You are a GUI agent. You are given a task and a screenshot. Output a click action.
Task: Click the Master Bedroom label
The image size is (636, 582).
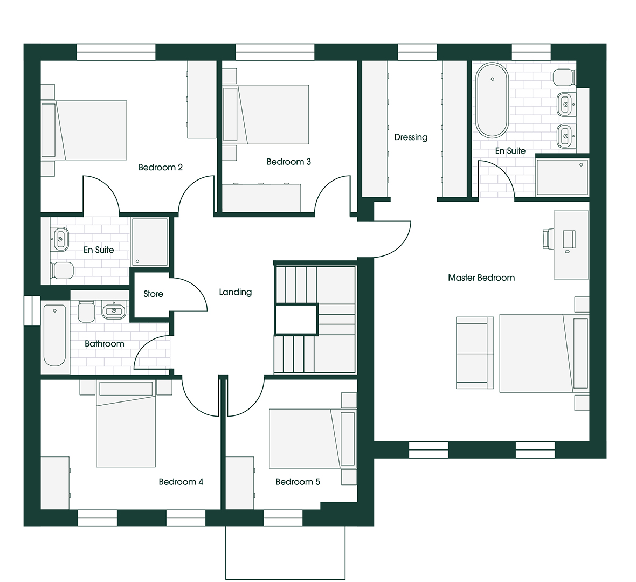pyautogui.click(x=481, y=278)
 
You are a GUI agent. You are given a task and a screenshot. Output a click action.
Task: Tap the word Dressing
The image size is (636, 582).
pyautogui.click(x=411, y=137)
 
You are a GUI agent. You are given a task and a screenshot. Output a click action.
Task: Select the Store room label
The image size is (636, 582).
pyautogui.click(x=153, y=294)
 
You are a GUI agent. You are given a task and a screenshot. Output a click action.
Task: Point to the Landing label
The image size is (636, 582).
pyautogui.click(x=235, y=292)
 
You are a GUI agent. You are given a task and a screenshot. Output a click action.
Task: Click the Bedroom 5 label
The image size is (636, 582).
pyautogui.click(x=298, y=482)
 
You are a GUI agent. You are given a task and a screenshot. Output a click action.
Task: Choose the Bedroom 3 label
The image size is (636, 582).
pyautogui.click(x=289, y=162)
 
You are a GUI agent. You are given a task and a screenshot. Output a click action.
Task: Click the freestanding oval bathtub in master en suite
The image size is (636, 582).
pyautogui.click(x=492, y=100)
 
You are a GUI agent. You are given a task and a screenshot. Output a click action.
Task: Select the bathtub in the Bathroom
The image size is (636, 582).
pyautogui.click(x=54, y=335)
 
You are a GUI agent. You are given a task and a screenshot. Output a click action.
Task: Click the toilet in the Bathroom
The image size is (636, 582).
pyautogui.click(x=86, y=311)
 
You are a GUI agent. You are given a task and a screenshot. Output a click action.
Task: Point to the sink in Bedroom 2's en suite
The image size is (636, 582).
pyautogui.click(x=60, y=239)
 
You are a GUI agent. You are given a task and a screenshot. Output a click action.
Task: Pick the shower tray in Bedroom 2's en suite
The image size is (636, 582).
pyautogui.click(x=149, y=242)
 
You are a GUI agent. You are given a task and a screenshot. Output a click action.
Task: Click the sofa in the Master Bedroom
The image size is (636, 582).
pyautogui.click(x=475, y=353)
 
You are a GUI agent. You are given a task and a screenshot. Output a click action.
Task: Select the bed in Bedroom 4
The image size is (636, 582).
pyautogui.click(x=126, y=424)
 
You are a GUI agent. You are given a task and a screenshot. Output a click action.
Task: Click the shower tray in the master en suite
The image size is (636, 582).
pyautogui.click(x=562, y=177)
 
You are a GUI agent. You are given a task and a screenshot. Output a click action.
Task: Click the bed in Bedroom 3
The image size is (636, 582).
pyautogui.click(x=273, y=114)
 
